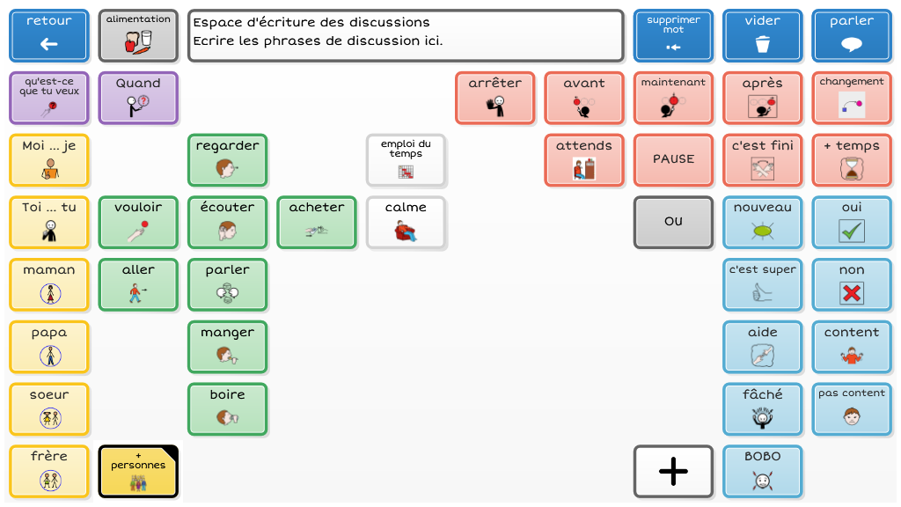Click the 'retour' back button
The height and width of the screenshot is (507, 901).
click(x=49, y=35)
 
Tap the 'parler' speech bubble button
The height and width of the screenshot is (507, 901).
click(x=851, y=35)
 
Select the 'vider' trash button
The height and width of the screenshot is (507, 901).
click(x=762, y=35)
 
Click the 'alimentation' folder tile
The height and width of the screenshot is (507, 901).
click(x=138, y=35)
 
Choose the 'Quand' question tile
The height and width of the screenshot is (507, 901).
click(x=138, y=98)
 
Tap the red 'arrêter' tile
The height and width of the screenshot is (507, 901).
click(x=494, y=98)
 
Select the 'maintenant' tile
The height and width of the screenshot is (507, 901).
click(x=673, y=98)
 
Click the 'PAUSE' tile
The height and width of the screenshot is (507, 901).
click(x=673, y=159)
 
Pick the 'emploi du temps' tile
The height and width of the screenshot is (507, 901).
click(x=406, y=159)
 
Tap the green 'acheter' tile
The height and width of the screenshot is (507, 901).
click(x=317, y=222)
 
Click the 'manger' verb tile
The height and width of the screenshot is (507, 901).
click(x=227, y=346)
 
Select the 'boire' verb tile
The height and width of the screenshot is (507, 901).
click(x=227, y=408)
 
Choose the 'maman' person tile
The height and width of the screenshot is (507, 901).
click(x=49, y=284)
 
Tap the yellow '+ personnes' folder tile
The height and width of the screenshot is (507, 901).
click(x=138, y=471)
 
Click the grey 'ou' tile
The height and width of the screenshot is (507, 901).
click(x=673, y=222)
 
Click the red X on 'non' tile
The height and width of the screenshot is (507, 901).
click(x=851, y=293)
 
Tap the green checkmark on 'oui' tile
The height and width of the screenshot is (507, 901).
click(x=851, y=231)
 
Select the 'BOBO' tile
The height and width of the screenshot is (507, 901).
click(x=762, y=471)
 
